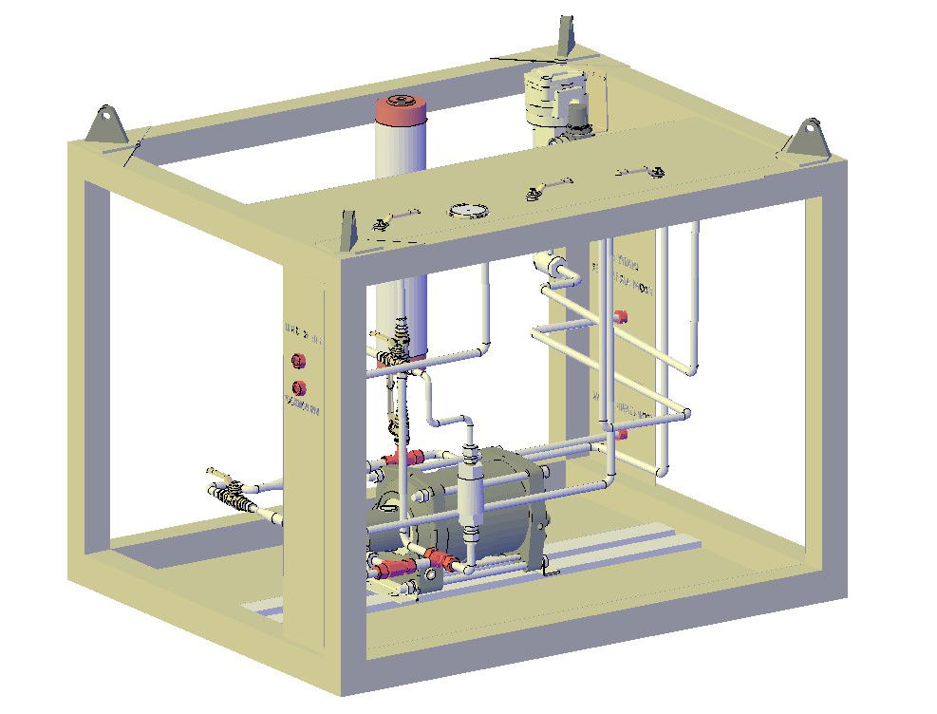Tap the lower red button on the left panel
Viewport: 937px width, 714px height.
[x=300, y=387]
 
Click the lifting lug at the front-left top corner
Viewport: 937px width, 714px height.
[x=106, y=127]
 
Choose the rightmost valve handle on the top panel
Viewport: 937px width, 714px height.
[x=641, y=171]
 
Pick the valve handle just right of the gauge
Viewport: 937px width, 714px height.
[x=544, y=188]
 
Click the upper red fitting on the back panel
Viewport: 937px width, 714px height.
[x=622, y=317]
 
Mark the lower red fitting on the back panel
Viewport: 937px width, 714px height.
[x=622, y=434]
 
